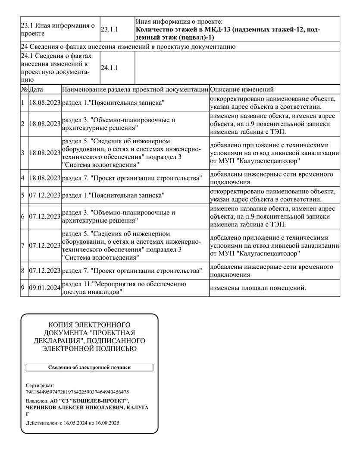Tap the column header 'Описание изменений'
click(x=242, y=90)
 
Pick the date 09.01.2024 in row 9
click(x=44, y=288)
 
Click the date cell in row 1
click(x=44, y=103)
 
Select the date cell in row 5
click(x=44, y=195)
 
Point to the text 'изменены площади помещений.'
click(x=258, y=288)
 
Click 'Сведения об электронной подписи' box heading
click(x=89, y=368)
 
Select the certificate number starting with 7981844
click(x=77, y=392)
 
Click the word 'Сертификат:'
click(x=40, y=384)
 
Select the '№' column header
click(x=24, y=90)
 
